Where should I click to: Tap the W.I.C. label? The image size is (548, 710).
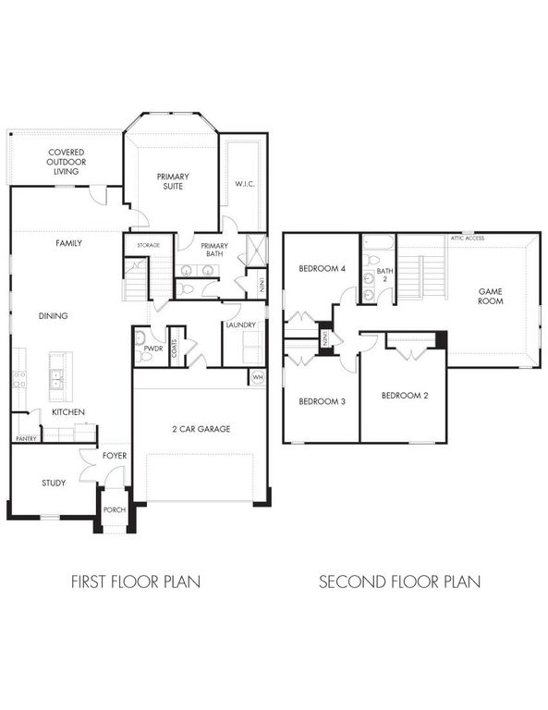pyautogui.click(x=244, y=184)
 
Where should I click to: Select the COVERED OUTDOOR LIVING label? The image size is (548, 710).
pyautogui.click(x=66, y=162)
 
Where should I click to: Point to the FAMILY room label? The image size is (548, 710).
pyautogui.click(x=68, y=243)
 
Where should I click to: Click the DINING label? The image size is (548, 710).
pyautogui.click(x=53, y=316)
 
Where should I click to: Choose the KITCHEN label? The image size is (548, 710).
pyautogui.click(x=68, y=411)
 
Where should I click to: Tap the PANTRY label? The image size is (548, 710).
pyautogui.click(x=26, y=439)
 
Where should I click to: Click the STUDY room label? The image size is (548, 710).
pyautogui.click(x=54, y=483)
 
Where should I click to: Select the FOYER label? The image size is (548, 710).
pyautogui.click(x=115, y=456)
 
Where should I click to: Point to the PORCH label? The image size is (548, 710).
pyautogui.click(x=115, y=511)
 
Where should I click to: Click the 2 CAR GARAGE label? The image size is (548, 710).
pyautogui.click(x=200, y=428)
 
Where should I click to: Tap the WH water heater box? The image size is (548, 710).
pyautogui.click(x=257, y=377)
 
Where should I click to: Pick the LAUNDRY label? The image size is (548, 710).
pyautogui.click(x=239, y=325)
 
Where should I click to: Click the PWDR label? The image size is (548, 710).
pyautogui.click(x=153, y=350)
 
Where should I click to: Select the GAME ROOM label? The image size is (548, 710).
pyautogui.click(x=490, y=296)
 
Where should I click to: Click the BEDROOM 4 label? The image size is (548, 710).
pyautogui.click(x=321, y=269)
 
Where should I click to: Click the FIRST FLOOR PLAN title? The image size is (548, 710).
pyautogui.click(x=136, y=582)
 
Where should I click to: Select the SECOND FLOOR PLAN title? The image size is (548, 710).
pyautogui.click(x=399, y=582)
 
